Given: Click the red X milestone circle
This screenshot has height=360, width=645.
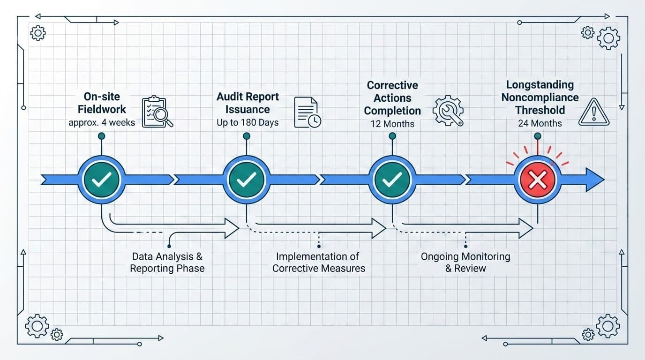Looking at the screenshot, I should (537, 180).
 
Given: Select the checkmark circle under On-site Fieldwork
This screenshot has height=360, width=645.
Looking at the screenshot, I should (101, 180).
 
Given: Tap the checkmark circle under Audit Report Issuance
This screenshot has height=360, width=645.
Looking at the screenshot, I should (247, 180).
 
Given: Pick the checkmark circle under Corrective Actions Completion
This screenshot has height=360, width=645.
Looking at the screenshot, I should (392, 180).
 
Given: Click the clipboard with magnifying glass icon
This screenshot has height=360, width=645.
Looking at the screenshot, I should (157, 112).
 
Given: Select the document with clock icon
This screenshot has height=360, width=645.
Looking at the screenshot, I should (307, 112).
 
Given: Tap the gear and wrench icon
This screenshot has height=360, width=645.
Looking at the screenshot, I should (448, 111).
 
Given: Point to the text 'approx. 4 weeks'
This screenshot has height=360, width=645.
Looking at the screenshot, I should (101, 123).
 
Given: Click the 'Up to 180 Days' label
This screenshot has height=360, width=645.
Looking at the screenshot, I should (247, 123).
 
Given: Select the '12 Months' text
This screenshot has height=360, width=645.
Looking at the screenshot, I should (392, 124).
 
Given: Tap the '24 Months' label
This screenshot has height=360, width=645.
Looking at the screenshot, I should (540, 123).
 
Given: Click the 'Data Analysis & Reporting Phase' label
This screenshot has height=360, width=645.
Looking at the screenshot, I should (167, 262).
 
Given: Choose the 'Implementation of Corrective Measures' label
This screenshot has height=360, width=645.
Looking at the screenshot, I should (318, 262).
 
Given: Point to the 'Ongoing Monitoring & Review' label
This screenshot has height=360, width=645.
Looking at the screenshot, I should (465, 262).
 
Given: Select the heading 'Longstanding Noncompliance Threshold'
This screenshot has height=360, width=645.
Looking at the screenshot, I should (540, 97).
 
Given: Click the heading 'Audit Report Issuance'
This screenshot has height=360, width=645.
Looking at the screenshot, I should (247, 103).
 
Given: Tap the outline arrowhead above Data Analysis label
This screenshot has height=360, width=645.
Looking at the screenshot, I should (232, 228).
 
